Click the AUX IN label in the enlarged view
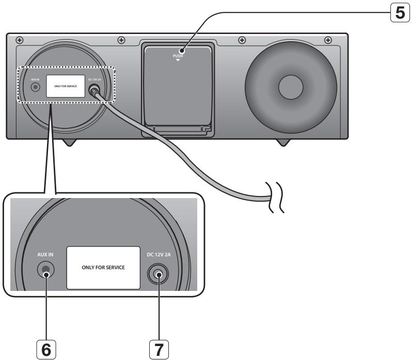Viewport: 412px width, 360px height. tap(45, 255)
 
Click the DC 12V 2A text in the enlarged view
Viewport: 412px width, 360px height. tap(158, 255)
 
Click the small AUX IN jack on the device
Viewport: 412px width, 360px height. tap(35, 87)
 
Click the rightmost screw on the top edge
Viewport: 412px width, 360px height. tap(328, 40)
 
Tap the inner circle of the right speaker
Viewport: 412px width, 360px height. tap(293, 87)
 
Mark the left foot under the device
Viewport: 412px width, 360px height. tap(70, 142)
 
